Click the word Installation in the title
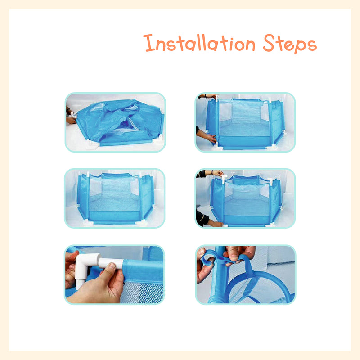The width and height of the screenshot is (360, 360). (x=199, y=43)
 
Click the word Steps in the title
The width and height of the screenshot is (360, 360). (x=290, y=44)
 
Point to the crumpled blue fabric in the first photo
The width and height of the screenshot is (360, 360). (x=119, y=121)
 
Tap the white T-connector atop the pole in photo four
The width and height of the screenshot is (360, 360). (x=224, y=179)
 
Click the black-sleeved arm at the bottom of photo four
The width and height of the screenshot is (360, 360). (x=202, y=219)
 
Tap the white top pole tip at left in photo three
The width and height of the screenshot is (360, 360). (x=88, y=174)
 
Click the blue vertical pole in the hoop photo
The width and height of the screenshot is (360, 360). (x=218, y=275)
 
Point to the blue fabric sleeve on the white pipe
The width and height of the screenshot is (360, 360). (x=143, y=271)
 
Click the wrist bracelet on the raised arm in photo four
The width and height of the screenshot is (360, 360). (x=212, y=172)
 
